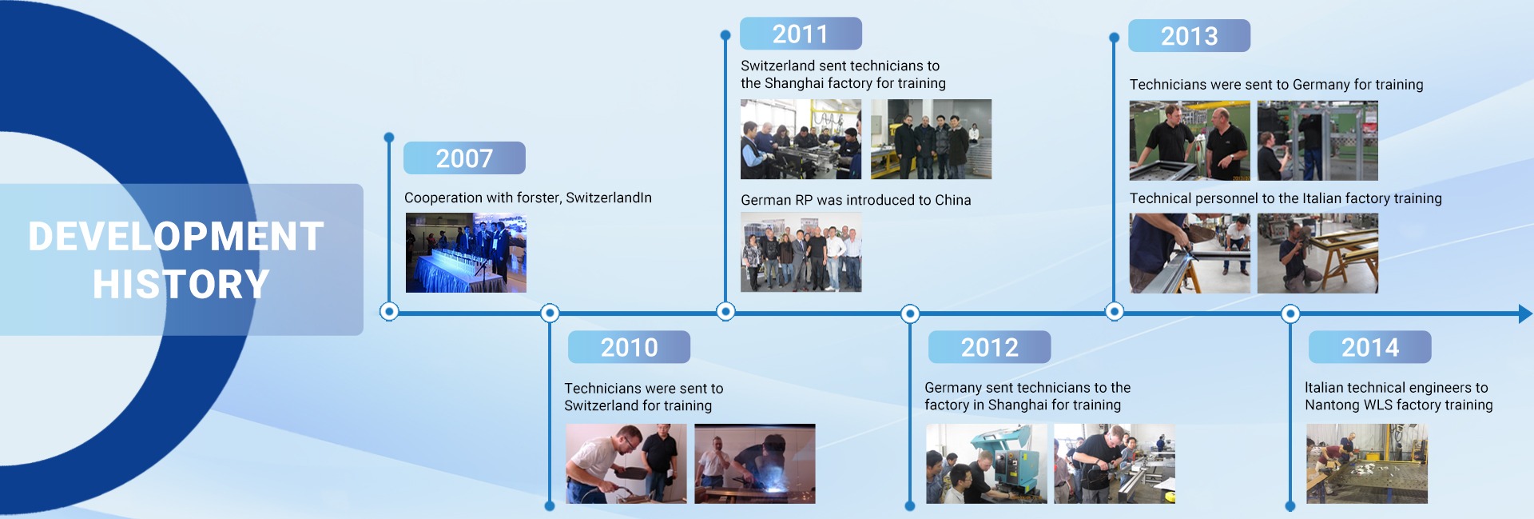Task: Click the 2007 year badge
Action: (x=464, y=158)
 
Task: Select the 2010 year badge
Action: (x=629, y=347)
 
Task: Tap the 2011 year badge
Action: (x=801, y=34)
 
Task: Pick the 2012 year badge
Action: (x=989, y=347)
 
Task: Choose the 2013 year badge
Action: (x=1189, y=36)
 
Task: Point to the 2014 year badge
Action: (x=1369, y=347)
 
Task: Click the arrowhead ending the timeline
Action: (x=1525, y=313)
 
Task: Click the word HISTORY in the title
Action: (x=181, y=285)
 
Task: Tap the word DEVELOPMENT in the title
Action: (x=177, y=237)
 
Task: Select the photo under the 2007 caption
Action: (x=466, y=253)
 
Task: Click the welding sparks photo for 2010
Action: (x=755, y=464)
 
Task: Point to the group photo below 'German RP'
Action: (x=801, y=252)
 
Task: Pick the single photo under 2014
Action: (x=1367, y=464)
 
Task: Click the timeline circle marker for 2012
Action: (x=910, y=313)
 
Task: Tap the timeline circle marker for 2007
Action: (x=389, y=311)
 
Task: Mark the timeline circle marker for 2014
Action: (x=1290, y=313)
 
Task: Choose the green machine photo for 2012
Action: (x=987, y=464)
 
